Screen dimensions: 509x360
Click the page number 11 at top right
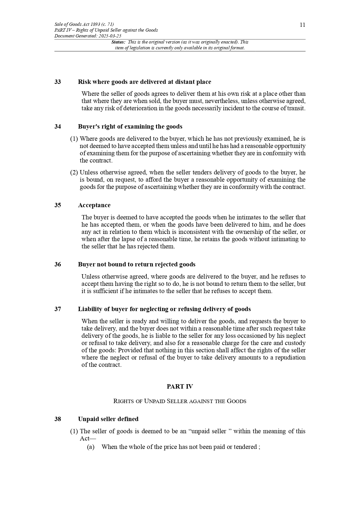302,25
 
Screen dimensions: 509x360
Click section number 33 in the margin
57,82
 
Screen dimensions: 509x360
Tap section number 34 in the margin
57,127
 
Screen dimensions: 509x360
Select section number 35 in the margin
57,205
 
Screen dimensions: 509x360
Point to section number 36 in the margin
57,264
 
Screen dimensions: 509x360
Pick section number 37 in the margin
57,309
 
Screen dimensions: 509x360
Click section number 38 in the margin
57,419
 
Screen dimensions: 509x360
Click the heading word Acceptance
94,205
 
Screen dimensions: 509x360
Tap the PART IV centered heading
180,387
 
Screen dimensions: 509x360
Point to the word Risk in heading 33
84,82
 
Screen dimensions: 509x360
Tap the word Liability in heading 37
90,309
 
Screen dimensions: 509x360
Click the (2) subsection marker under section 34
74,172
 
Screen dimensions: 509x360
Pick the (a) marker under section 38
91,447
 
